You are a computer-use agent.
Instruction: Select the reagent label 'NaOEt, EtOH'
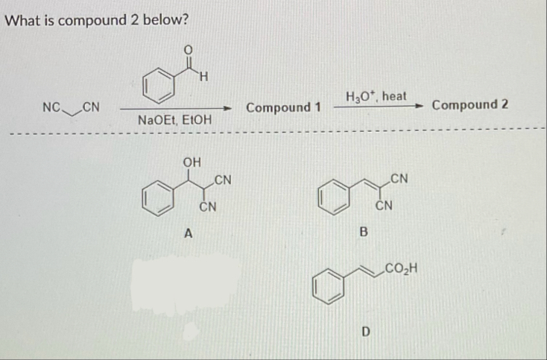pos(174,119)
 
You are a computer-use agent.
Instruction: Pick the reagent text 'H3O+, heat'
pos(376,96)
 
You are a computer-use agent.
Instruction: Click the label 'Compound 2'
pos(470,104)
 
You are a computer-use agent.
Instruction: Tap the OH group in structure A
pos(192,160)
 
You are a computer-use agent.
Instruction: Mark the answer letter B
pos(364,233)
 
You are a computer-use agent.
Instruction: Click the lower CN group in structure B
pos(384,204)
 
